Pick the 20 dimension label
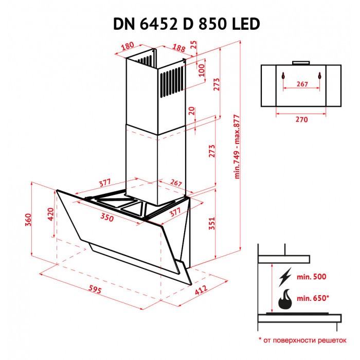191,111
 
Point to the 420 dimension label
50,213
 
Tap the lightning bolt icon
284,278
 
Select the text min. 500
312,277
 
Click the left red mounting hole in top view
282,76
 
